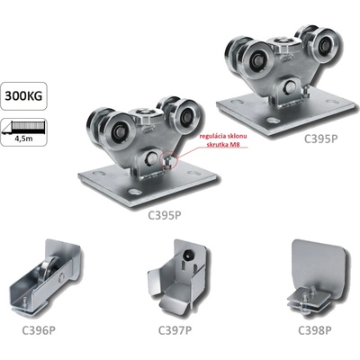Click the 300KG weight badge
pyautogui.click(x=23, y=95)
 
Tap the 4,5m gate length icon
pyautogui.click(x=23, y=131)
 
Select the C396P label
pyautogui.click(x=39, y=330)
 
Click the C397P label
pyautogui.click(x=175, y=330)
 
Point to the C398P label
pyautogui.click(x=315, y=330)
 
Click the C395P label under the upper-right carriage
pyautogui.click(x=320, y=139)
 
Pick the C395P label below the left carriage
pyautogui.click(x=165, y=215)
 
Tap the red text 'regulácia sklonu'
pyautogui.click(x=224, y=137)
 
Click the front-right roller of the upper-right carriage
pyautogui.click(x=323, y=45)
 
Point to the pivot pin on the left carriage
pyautogui.click(x=151, y=159)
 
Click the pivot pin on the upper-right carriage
pyautogui.click(x=290, y=87)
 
